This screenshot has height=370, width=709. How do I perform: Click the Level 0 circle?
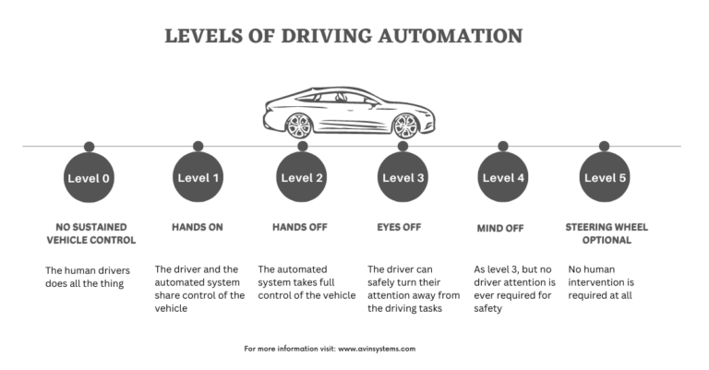[x=90, y=177]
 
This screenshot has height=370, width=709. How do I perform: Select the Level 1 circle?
[x=198, y=177]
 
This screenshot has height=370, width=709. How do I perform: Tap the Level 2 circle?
[x=302, y=177]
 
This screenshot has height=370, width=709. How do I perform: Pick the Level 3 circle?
[x=403, y=177]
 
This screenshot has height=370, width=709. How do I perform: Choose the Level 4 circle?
[x=503, y=177]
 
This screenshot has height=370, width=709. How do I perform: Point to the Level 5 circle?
[x=604, y=177]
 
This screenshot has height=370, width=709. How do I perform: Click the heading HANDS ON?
[x=198, y=226]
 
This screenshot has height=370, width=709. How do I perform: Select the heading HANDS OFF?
[x=302, y=226]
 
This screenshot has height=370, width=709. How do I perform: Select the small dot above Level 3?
[x=403, y=146]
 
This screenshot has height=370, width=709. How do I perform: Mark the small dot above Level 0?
[x=90, y=146]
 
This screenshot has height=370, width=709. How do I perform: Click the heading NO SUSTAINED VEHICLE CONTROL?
[x=90, y=233]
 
